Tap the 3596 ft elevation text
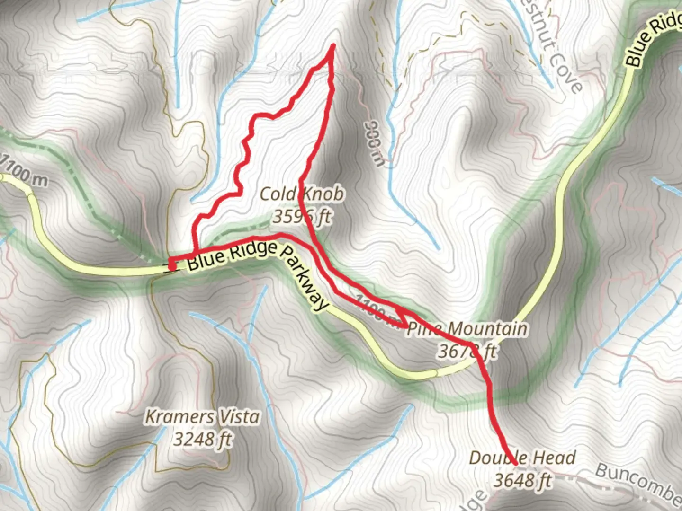[x=302, y=217]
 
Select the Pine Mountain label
[x=467, y=328]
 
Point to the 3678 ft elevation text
[x=467, y=351]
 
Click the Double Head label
[x=522, y=458]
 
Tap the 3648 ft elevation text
[x=522, y=480]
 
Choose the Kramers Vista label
[x=202, y=417]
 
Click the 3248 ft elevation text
[x=202, y=440]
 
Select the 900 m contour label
[x=374, y=143]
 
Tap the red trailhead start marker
[x=172, y=267]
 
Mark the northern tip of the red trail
[x=333, y=46]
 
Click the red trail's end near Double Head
[x=515, y=462]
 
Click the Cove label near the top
[x=566, y=76]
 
